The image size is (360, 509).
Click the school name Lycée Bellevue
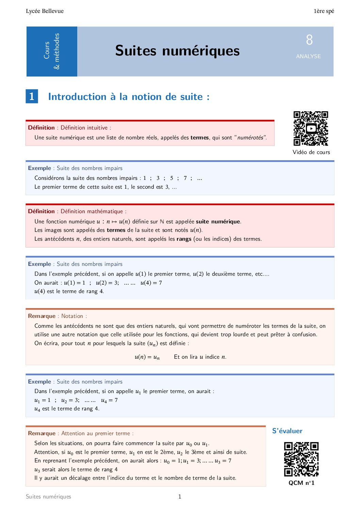(x=45, y=11)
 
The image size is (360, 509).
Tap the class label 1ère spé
(x=324, y=11)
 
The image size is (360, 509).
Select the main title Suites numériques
(x=177, y=51)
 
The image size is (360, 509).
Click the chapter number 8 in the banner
(x=309, y=40)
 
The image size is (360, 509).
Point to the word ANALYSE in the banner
(x=308, y=56)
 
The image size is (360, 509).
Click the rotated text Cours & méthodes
(x=52, y=51)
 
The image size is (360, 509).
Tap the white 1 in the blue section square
(x=32, y=96)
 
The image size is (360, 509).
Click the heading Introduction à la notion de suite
(x=129, y=97)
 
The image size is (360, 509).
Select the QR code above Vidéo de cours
(x=311, y=129)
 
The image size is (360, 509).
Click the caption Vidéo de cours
(x=311, y=152)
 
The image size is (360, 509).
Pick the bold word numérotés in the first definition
(x=250, y=138)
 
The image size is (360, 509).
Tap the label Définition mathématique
(x=92, y=211)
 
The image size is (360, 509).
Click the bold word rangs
(x=184, y=239)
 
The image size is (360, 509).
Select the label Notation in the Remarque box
(x=72, y=316)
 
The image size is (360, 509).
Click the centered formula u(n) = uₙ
(x=147, y=357)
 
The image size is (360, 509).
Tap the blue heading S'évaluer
(x=287, y=431)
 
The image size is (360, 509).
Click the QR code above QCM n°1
(x=301, y=459)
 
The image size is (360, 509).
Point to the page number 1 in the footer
(x=180, y=496)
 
